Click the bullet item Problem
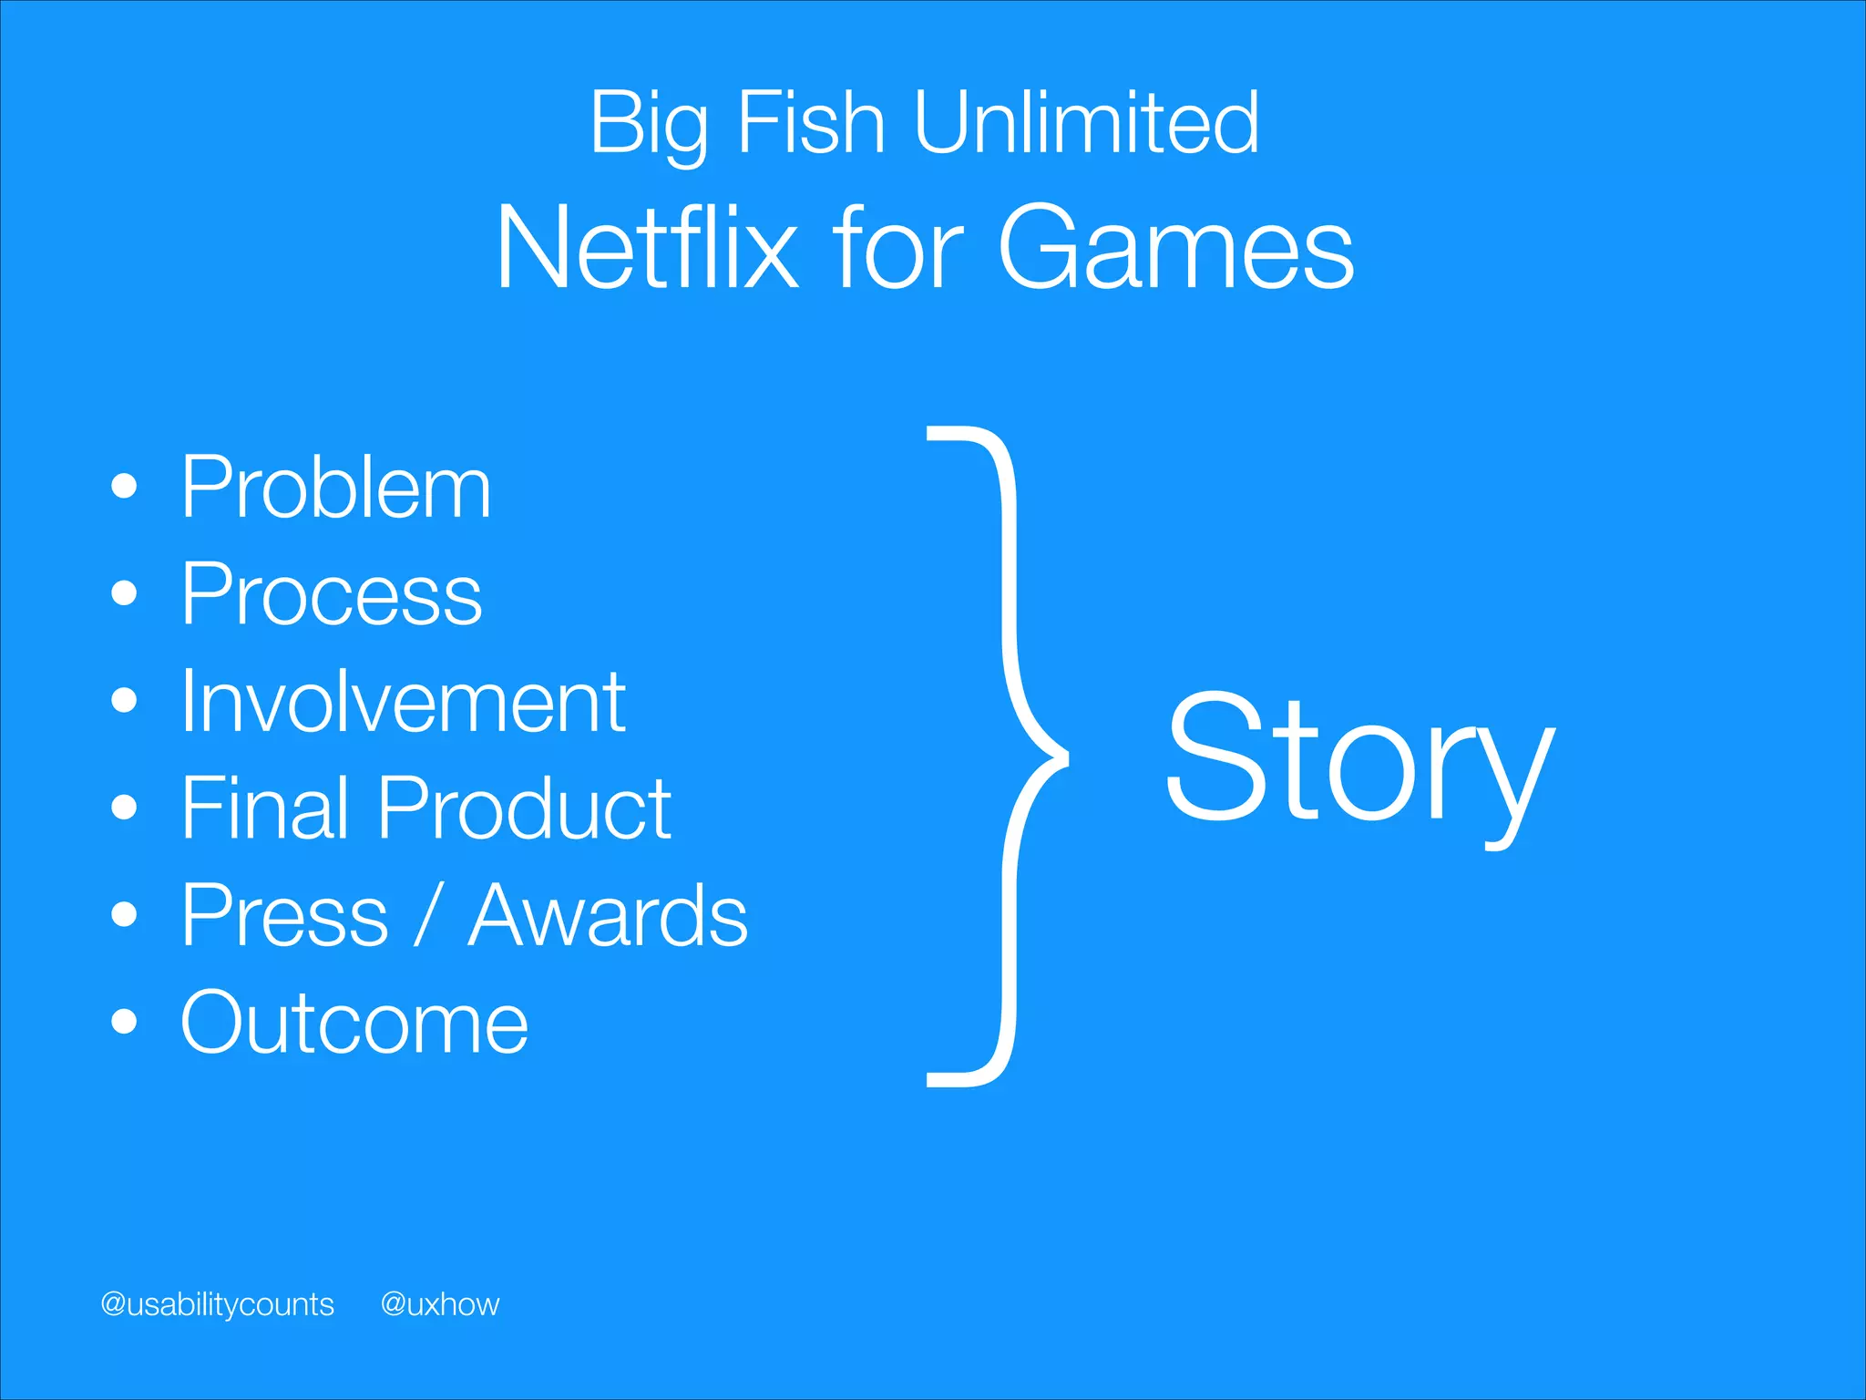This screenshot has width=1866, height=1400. [335, 489]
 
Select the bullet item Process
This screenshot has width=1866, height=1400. [331, 595]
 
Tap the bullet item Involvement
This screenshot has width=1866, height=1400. [402, 702]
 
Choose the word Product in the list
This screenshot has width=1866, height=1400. [524, 808]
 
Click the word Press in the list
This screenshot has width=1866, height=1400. [284, 916]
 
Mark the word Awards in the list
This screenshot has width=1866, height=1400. [607, 916]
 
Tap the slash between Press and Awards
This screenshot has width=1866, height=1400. [427, 916]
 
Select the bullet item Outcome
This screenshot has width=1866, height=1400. [354, 1024]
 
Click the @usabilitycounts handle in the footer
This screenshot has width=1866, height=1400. [217, 1304]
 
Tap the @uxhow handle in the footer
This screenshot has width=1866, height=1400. [440, 1304]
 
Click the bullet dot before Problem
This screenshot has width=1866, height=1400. [124, 488]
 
